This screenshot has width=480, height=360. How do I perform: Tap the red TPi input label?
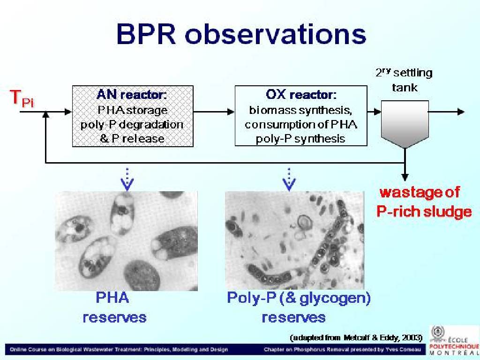point(22,98)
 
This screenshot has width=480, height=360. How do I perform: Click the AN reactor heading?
point(132,95)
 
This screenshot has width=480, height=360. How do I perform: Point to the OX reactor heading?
point(301,95)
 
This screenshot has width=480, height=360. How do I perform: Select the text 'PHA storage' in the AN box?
point(133,110)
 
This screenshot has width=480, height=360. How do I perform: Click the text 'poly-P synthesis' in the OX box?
point(300,139)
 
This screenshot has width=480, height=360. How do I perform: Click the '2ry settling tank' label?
point(404,80)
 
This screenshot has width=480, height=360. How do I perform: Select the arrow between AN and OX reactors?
point(214,112)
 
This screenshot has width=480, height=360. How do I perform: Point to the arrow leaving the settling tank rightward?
point(447,112)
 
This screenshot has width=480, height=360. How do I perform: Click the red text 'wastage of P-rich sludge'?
point(424,202)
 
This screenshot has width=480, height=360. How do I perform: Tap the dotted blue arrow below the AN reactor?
point(127,180)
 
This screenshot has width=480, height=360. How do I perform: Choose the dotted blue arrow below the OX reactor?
point(289,180)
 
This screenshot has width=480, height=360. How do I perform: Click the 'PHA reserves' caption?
point(114,307)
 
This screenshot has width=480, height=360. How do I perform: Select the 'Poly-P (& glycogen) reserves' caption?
point(299,307)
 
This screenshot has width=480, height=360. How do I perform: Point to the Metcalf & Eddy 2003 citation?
point(356,337)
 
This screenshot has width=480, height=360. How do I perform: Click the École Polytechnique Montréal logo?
point(454,340)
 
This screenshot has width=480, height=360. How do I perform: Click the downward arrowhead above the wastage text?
point(405,177)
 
